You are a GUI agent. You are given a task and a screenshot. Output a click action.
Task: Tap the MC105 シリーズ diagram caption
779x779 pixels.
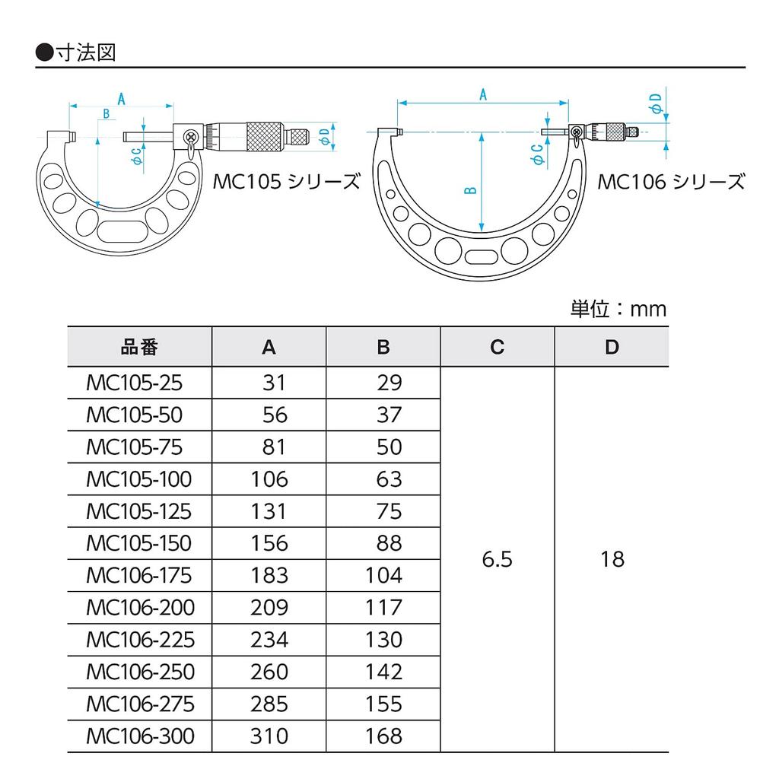pyautogui.click(x=285, y=182)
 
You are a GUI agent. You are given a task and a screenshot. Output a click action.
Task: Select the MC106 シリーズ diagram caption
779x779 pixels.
pyautogui.click(x=670, y=182)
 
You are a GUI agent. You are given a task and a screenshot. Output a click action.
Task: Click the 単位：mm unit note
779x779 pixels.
pyautogui.click(x=618, y=308)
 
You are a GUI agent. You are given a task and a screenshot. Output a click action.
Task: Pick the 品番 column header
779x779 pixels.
pyautogui.click(x=139, y=347)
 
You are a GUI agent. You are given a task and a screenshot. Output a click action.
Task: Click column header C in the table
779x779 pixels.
pyautogui.click(x=497, y=347)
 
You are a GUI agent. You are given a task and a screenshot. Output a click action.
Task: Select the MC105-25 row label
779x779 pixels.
pyautogui.click(x=135, y=383)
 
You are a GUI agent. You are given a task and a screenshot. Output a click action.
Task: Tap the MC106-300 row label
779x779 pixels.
pyautogui.click(x=140, y=736)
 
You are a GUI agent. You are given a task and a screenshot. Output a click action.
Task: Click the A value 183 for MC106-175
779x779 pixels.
pyautogui.click(x=270, y=576)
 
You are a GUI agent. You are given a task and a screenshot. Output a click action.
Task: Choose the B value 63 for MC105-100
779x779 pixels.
pyautogui.click(x=389, y=479)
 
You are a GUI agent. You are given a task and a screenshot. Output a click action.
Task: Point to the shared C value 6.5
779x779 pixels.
pyautogui.click(x=498, y=560)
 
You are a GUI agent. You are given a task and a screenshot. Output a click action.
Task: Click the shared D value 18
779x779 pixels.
pyautogui.click(x=612, y=560)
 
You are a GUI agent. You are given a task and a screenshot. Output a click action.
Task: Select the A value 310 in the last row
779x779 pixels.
pyautogui.click(x=270, y=736)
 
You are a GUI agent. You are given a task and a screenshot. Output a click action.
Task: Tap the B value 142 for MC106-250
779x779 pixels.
pyautogui.click(x=383, y=672)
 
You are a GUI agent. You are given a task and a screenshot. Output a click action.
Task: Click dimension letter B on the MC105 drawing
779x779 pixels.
pyautogui.click(x=107, y=114)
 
